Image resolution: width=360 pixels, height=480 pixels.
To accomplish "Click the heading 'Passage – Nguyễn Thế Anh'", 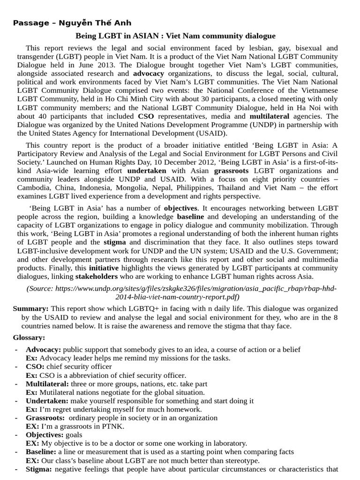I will pos(72,23).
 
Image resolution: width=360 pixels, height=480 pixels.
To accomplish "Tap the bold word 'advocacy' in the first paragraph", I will pos(149,74).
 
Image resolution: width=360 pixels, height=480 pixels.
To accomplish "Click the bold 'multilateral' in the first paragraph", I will pos(269,116).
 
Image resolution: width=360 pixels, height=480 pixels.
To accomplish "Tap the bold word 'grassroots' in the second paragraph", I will pos(231,171).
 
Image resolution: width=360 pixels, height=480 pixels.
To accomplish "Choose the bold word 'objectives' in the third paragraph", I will pos(181,208).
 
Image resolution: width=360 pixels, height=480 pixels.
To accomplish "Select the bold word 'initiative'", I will pos(104,268).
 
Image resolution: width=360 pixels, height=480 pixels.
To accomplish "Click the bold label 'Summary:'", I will pos(30,308).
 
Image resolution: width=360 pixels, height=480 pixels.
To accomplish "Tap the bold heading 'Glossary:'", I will pos(29,337).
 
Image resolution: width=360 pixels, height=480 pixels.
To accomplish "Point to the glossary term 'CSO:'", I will pos(35,367).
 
